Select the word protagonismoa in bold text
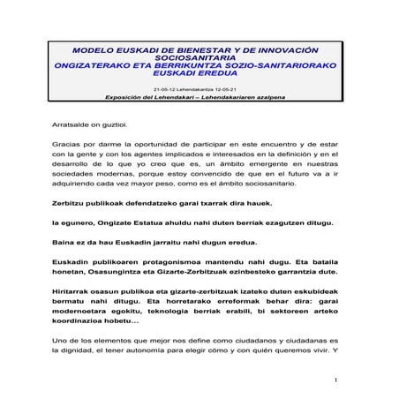165,263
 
